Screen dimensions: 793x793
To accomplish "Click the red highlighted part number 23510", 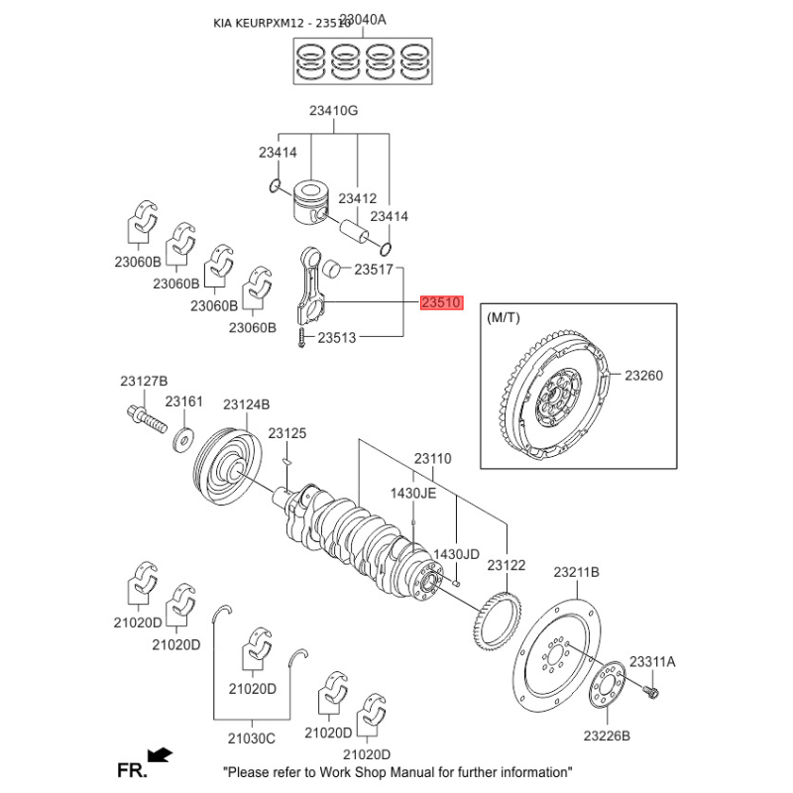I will tap(441, 303).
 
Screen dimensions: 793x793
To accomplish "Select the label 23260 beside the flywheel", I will tap(643, 376).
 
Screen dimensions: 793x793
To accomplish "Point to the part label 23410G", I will tap(334, 111).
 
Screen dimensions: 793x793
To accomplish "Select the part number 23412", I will tap(358, 199).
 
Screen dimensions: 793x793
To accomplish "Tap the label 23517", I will tap(375, 270).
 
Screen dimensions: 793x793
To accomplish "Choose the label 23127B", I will tap(145, 382).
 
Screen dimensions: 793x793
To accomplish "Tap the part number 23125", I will tap(286, 433).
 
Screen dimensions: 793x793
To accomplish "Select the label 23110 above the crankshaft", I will tap(432, 459).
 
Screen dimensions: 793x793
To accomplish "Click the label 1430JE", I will tap(412, 493).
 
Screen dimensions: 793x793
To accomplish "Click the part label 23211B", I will tap(577, 572).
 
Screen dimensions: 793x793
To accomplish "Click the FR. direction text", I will tap(132, 769).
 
